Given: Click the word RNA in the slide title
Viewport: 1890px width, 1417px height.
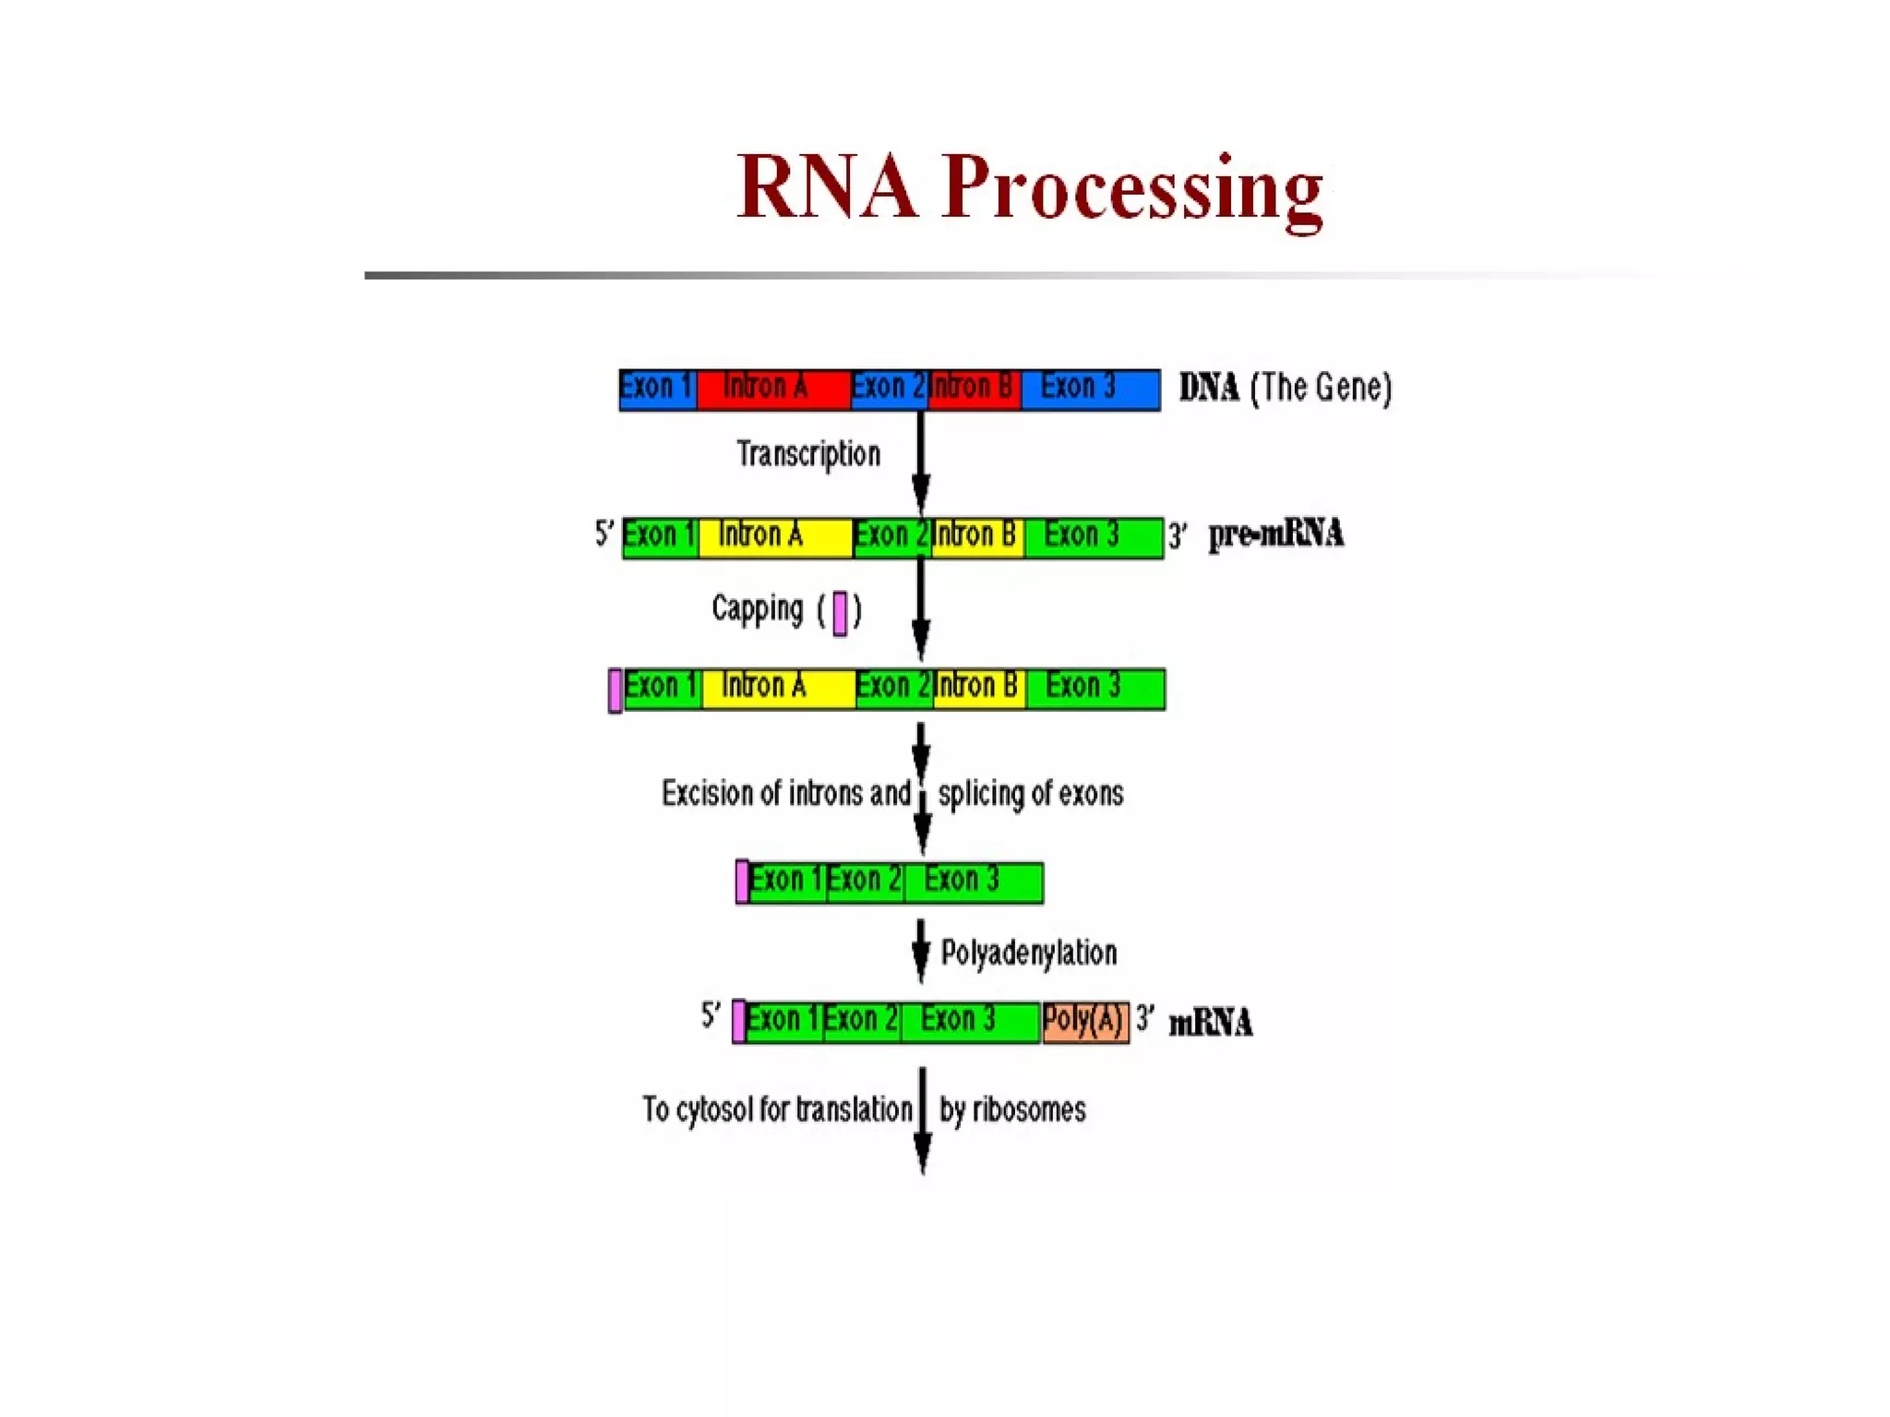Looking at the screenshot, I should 827,187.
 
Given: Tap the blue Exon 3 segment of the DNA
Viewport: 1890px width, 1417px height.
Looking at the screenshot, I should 1089,390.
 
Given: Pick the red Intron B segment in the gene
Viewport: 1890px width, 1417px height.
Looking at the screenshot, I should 974,390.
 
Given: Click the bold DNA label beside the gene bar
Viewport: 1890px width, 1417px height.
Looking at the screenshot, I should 1209,388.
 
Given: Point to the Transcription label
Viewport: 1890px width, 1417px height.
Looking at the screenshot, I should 808,454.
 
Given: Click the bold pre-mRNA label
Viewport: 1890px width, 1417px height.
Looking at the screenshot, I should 1276,534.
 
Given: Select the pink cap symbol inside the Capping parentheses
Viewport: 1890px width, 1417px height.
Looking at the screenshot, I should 840,613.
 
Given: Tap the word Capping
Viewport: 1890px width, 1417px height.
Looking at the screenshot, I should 758,609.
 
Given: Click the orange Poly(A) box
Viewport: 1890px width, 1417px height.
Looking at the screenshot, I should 1085,1022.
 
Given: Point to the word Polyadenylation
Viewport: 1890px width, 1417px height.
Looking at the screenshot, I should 1028,953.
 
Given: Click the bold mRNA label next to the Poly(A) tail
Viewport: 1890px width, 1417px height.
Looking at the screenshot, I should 1210,1023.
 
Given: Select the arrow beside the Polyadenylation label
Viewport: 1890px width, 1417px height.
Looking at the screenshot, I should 920,951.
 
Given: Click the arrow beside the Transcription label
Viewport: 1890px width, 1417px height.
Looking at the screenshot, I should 920,462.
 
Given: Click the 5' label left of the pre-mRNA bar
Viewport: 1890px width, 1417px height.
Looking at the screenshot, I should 604,533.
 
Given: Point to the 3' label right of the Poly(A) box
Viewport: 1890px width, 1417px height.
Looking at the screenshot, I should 1144,1018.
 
